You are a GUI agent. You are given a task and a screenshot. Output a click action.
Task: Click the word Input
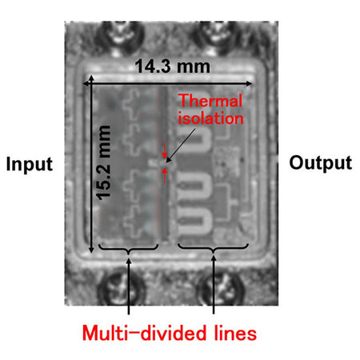[30, 164]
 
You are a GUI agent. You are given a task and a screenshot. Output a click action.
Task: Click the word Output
[321, 163]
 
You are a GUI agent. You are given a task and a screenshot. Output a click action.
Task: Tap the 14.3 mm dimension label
[172, 66]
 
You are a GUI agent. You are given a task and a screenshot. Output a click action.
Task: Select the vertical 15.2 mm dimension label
[103, 162]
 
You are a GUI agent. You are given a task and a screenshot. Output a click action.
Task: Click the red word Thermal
[210, 101]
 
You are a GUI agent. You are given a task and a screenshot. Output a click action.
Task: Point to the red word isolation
[210, 118]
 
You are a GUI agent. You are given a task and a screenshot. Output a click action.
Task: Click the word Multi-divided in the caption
[144, 333]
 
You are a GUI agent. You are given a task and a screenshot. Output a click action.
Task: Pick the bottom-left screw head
[122, 288]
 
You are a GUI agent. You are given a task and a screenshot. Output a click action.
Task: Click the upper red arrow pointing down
[165, 150]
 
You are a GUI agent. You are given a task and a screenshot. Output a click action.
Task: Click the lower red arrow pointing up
[165, 175]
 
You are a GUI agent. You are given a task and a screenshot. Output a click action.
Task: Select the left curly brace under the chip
[129, 248]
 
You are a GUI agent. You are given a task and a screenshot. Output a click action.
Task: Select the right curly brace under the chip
[214, 248]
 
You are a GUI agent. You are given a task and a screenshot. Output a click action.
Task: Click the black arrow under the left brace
[129, 286]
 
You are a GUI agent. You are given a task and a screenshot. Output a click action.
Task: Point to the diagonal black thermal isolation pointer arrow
[181, 146]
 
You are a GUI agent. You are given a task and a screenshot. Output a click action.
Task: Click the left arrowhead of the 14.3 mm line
[86, 84]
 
